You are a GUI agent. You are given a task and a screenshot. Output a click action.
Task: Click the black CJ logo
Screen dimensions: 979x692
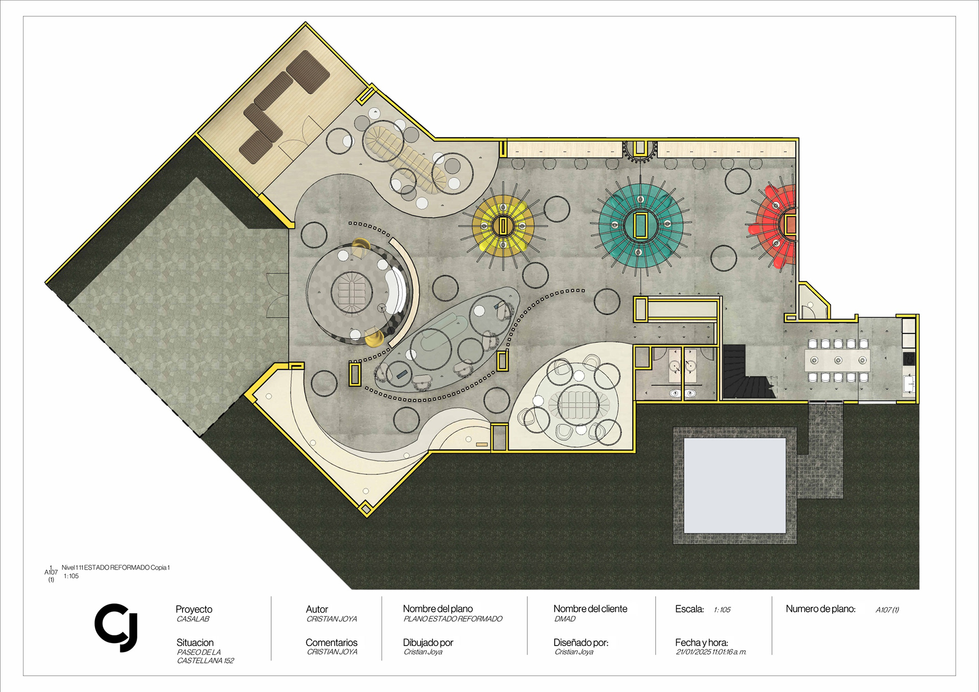click(x=116, y=628)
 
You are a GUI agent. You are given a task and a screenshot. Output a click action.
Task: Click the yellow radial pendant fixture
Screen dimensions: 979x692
click(x=503, y=225)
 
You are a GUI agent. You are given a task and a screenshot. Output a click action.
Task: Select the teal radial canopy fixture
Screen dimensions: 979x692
click(x=640, y=225)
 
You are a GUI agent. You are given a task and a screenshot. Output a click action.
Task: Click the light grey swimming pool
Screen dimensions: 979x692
click(x=735, y=485)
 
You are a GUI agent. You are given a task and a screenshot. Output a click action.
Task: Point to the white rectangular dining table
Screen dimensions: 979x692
click(x=838, y=361)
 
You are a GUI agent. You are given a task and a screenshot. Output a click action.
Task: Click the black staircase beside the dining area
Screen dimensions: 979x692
click(x=747, y=371)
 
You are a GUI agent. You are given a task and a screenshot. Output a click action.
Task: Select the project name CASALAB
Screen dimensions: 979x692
click(x=193, y=619)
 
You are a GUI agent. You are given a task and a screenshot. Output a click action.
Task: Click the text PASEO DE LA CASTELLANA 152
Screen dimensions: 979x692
click(x=205, y=656)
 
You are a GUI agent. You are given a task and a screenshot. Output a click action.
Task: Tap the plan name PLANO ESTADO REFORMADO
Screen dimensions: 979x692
click(x=453, y=619)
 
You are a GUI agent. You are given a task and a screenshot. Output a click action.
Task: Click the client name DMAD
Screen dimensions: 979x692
click(x=565, y=619)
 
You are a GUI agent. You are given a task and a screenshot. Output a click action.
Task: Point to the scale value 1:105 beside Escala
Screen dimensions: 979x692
click(x=722, y=610)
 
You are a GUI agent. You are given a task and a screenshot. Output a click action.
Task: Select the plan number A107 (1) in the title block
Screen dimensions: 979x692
click(x=887, y=610)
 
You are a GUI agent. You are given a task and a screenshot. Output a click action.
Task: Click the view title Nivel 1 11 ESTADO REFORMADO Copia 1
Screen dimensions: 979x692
click(x=116, y=568)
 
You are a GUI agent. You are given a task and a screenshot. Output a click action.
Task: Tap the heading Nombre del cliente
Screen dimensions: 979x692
click(x=590, y=609)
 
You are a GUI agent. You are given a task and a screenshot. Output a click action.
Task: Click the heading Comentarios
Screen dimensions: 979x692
click(x=331, y=643)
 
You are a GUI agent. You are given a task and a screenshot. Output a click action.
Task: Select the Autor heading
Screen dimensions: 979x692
click(x=317, y=609)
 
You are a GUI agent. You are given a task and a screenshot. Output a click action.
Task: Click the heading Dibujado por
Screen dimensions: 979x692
click(x=428, y=643)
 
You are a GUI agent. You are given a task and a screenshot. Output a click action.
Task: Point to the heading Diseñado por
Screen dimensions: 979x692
click(x=581, y=643)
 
